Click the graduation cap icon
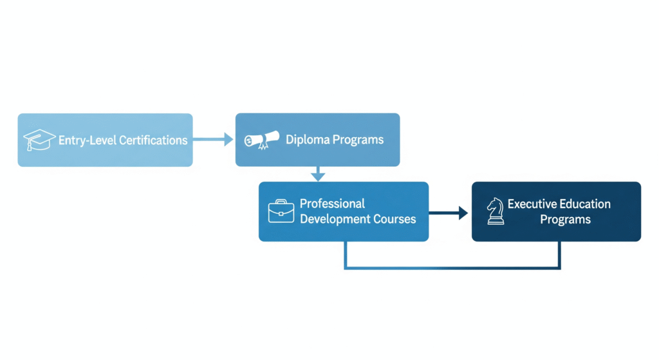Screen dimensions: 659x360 (39, 140)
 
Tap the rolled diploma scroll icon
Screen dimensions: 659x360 (262, 140)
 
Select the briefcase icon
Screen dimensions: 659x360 (281, 211)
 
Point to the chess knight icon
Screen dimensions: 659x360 (496, 211)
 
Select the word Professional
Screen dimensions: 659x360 (332, 204)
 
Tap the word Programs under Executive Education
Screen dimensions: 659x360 (565, 220)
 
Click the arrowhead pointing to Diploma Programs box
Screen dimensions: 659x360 (228, 139)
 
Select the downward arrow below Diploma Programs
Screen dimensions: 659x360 (318, 173)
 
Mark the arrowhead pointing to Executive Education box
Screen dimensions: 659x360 (463, 213)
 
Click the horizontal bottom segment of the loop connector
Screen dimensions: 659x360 (452, 267)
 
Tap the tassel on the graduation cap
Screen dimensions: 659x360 (30, 145)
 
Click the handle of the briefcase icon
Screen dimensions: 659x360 (281, 202)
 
